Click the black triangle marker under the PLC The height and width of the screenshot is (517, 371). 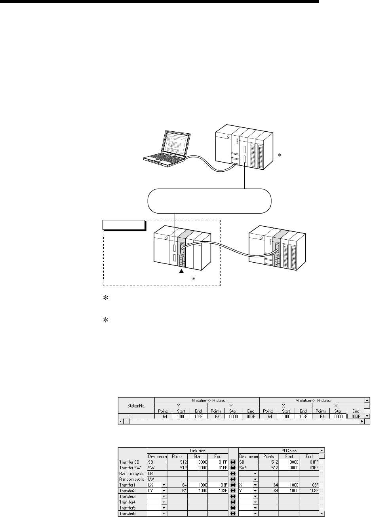[x=182, y=271]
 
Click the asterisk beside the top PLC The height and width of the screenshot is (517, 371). [x=280, y=156]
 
